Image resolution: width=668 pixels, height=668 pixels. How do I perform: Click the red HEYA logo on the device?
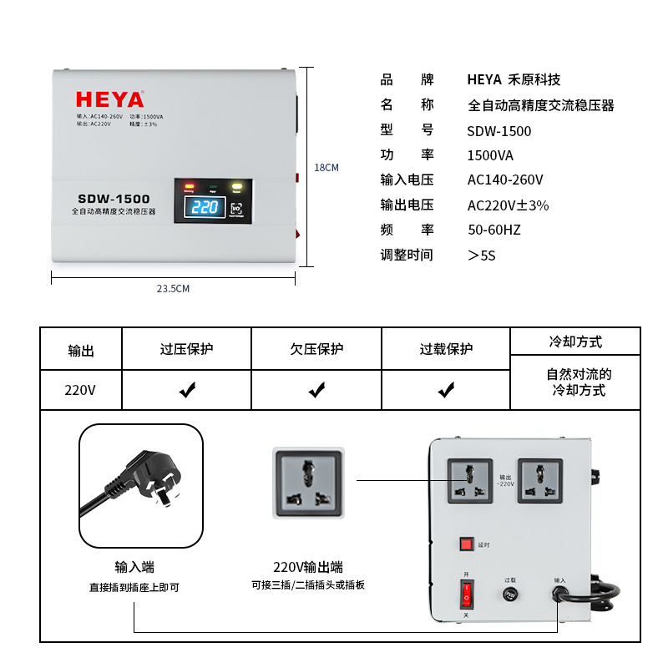coord(109,99)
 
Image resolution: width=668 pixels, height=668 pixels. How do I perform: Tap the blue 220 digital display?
coord(205,207)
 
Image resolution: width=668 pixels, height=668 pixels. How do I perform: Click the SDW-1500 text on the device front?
coord(114,199)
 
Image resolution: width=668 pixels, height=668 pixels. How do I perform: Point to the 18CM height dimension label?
coord(326,167)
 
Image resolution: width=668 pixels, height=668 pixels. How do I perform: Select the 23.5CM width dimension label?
coord(174,289)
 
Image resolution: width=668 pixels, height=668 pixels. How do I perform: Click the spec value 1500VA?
coord(490,155)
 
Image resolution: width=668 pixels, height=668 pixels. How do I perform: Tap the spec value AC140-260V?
coord(505,180)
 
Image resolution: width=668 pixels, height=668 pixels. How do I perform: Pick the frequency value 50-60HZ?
coord(493,230)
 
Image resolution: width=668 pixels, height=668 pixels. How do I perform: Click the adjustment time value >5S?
coord(482,255)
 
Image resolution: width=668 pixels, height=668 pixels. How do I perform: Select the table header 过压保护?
coord(186,349)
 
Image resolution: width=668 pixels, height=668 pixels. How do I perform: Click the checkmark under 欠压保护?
coord(316,390)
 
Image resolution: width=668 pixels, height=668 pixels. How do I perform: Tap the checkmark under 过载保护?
coord(446,390)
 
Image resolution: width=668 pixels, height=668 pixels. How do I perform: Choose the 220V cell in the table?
coord(80,390)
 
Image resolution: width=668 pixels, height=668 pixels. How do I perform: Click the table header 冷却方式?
coord(575,342)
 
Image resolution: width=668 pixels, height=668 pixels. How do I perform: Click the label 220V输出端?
coord(308,567)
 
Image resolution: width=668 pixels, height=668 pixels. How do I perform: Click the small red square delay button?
coord(466,544)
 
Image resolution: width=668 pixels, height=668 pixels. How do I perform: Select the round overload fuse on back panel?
coord(509,595)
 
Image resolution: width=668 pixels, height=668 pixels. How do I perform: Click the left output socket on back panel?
coord(469,481)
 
